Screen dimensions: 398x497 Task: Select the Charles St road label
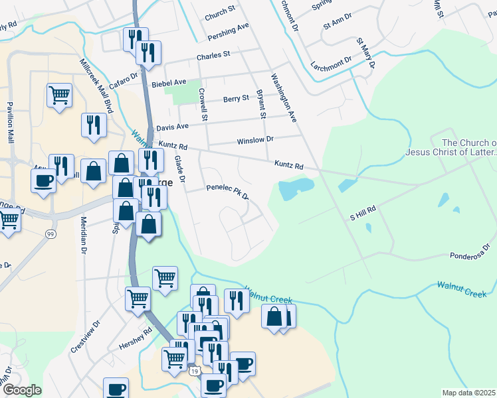coord(213,55)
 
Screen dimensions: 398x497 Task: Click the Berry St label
coord(236,99)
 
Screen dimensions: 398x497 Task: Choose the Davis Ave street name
coord(172,126)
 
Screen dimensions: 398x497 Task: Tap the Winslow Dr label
coord(255,141)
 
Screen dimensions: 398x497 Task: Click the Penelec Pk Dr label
coord(227,192)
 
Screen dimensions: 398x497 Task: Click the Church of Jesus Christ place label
coord(469,147)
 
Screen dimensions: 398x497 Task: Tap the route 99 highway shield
coord(50,234)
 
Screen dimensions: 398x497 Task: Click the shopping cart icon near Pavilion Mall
coord(59,95)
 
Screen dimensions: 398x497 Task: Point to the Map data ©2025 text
coord(468,393)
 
